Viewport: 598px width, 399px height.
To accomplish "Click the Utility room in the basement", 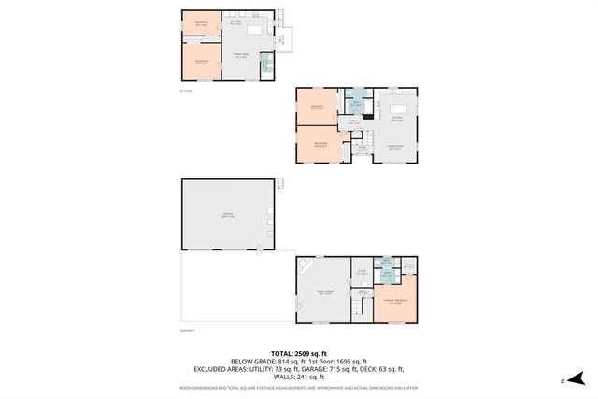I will pos(407,265).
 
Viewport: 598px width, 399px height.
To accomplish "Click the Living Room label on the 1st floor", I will pos(396,147).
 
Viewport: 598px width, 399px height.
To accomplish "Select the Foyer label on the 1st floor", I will pos(361,148).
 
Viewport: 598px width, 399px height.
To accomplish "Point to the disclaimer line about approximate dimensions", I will pos(298,387).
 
